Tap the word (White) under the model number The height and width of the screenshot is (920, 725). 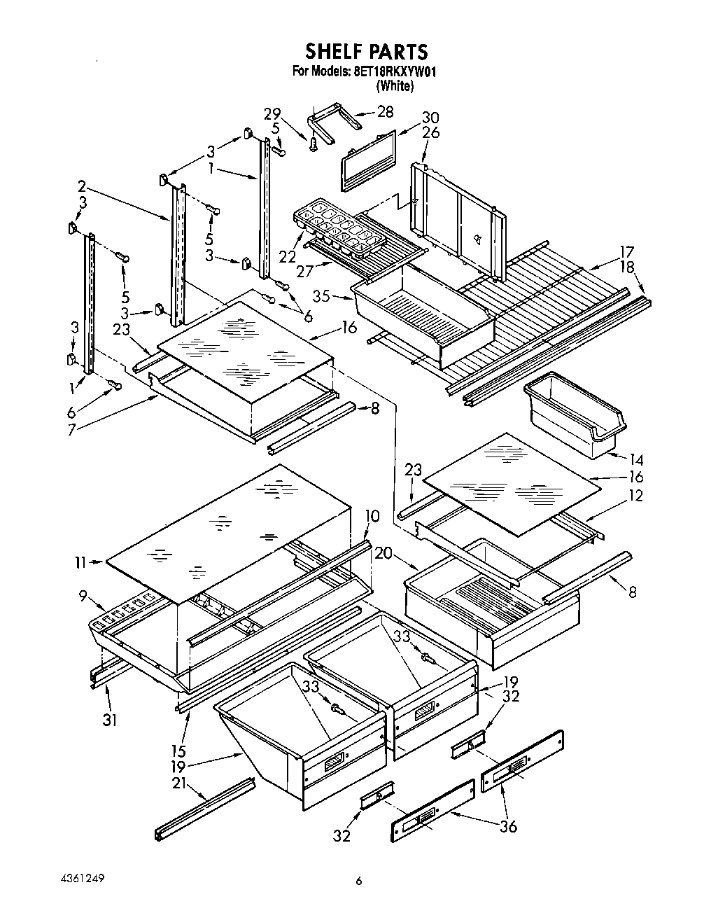click(x=395, y=86)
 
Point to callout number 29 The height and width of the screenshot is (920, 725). click(x=272, y=114)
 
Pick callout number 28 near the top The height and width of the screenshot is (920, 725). click(x=385, y=112)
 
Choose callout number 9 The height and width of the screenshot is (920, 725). click(x=83, y=596)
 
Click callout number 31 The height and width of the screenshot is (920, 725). click(x=109, y=719)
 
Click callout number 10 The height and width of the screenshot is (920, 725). click(x=372, y=517)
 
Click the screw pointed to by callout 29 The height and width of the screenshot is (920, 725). click(x=313, y=143)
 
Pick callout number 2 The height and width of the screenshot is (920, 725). click(x=82, y=186)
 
